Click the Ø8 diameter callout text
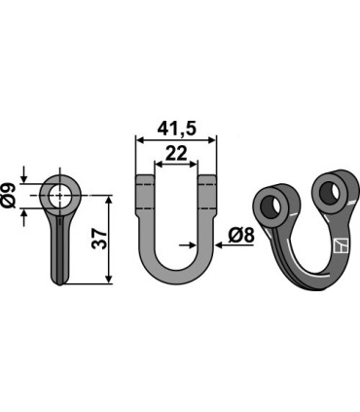pos(244,234)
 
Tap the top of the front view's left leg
pos(143,181)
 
